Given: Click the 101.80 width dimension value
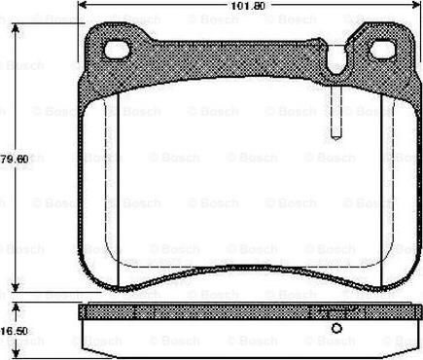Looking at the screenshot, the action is click(248, 6).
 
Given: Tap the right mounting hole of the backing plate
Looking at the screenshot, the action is click(383, 50).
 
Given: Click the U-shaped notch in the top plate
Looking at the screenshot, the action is click(337, 60).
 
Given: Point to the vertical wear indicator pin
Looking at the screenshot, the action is click(335, 112).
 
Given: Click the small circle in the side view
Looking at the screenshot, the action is click(336, 329).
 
